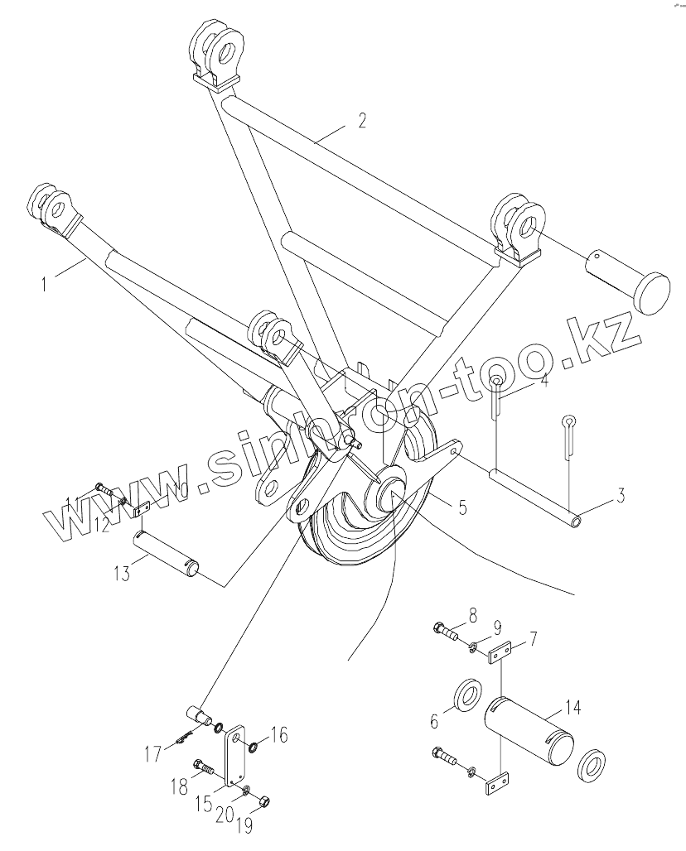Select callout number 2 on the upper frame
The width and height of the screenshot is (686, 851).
pos(362,121)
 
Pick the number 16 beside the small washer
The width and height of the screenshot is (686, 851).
pos(278,734)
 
